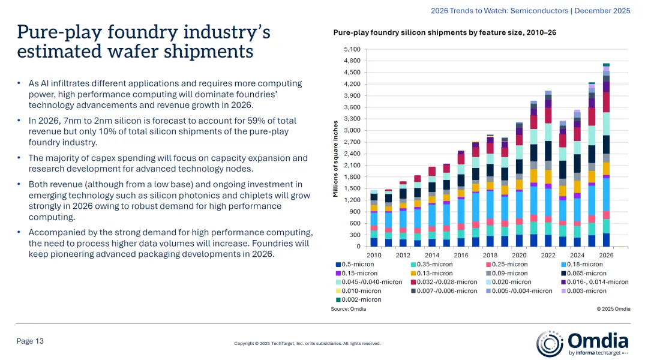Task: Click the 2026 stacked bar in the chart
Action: tap(606, 156)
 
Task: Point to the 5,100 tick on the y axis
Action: tap(352, 49)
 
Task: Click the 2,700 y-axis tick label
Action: tap(352, 142)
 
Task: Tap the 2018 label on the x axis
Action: tap(490, 255)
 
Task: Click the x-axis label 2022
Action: tap(548, 255)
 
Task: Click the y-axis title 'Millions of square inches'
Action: tap(335, 159)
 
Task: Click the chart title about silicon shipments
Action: tap(445, 32)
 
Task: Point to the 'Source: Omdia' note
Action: tap(348, 309)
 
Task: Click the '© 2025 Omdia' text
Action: tap(613, 309)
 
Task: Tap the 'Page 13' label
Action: tap(30, 341)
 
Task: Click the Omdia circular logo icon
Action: tap(549, 343)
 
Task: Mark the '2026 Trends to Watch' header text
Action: tap(480, 11)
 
